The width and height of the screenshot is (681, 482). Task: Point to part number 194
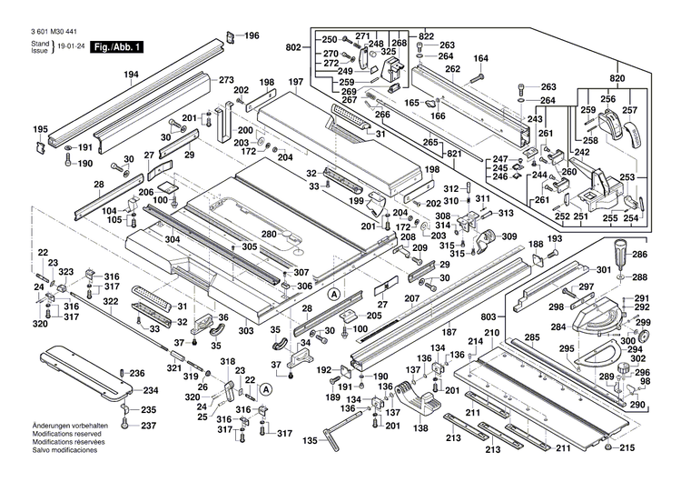132,75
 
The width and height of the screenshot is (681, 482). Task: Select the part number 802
293,48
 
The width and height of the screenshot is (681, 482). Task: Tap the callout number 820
617,79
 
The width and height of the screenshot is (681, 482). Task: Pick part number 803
488,316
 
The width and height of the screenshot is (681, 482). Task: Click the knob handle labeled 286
620,250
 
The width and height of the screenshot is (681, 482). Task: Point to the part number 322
111,301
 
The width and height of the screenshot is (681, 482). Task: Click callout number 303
246,332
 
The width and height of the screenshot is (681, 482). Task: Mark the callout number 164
480,59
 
